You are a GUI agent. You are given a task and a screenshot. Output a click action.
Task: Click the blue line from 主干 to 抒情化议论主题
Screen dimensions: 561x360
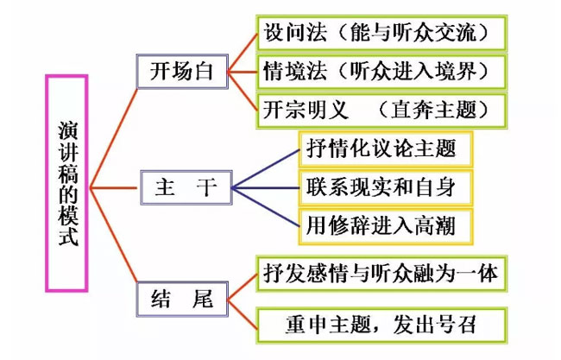point(266,168)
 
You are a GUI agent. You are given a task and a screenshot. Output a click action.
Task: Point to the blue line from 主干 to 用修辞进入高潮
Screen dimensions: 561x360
point(266,207)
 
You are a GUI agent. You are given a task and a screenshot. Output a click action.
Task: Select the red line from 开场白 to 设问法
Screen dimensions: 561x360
point(243,53)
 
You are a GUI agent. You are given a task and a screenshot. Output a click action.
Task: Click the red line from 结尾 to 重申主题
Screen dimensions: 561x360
point(243,314)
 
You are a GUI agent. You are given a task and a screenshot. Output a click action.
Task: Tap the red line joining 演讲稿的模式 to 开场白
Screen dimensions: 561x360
point(113,138)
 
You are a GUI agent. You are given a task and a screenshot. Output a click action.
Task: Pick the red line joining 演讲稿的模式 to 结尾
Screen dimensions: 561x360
point(113,235)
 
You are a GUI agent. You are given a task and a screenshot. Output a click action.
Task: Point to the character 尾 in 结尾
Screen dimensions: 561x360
point(203,299)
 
